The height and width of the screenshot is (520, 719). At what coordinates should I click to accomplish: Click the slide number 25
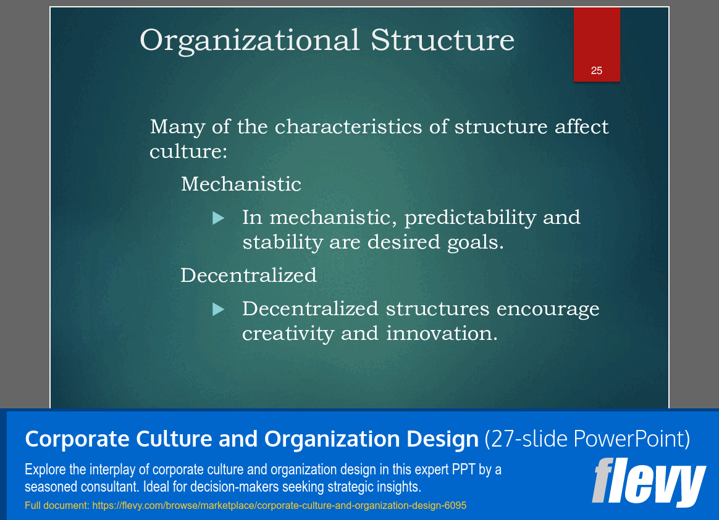coord(596,70)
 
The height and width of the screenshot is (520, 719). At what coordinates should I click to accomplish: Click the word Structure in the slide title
coord(442,41)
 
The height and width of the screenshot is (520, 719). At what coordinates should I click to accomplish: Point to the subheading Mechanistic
coord(241,184)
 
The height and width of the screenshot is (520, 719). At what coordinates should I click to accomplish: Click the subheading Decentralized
coord(248,275)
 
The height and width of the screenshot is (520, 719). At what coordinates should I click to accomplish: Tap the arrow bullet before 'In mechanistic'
coord(218,218)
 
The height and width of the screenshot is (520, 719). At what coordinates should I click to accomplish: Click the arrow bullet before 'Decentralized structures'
coord(218,309)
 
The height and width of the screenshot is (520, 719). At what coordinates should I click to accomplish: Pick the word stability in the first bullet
coord(282,242)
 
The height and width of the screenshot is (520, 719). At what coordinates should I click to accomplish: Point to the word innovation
coord(441,333)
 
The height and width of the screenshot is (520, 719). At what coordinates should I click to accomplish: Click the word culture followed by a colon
coord(188,151)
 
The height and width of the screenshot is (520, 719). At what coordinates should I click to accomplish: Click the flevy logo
coord(649,482)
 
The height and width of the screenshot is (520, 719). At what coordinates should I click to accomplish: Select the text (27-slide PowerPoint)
coord(587,439)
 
